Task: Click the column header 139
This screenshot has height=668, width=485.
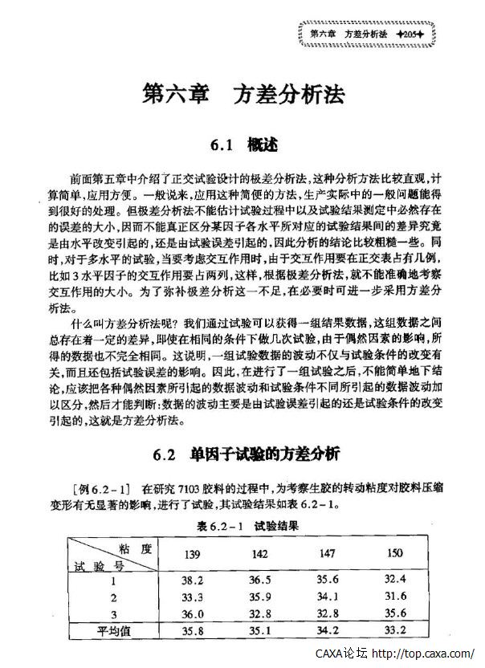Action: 194,555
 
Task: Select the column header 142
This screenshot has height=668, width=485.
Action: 260,555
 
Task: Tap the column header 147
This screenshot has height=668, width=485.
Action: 327,555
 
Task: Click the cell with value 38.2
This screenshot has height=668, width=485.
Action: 194,580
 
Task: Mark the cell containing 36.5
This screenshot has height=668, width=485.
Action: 260,580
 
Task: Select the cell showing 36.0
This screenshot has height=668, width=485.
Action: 194,613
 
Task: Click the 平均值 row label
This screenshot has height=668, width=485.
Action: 114,631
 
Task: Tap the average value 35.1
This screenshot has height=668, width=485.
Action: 260,631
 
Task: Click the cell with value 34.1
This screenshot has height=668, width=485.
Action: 327,597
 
